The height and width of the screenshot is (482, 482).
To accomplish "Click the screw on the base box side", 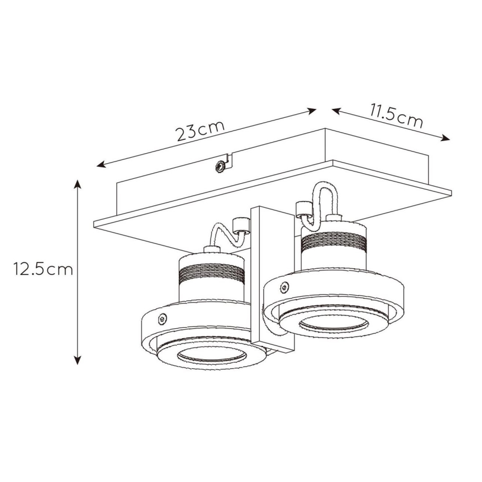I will pos(221,165).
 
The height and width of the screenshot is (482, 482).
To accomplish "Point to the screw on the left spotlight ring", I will pos(162,319).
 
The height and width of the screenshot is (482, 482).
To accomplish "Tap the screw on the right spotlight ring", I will pos(284,288).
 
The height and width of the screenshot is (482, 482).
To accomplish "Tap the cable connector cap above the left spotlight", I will pos(241,224).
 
